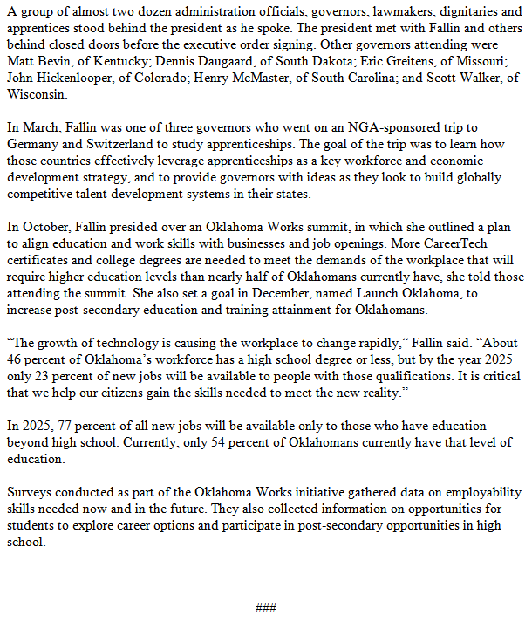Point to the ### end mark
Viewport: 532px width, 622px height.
tap(266, 607)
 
